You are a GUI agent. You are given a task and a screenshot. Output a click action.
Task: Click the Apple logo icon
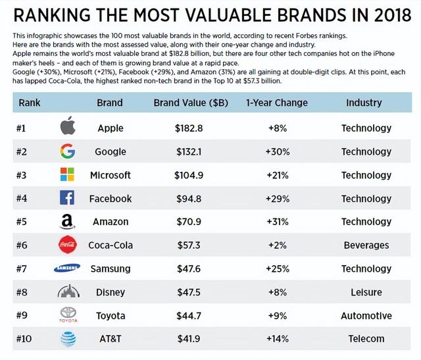point(68,127)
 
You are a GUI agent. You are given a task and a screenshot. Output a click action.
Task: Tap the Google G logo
point(68,151)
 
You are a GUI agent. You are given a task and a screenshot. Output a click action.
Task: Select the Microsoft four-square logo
point(68,175)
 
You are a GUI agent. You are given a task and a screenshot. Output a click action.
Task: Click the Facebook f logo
point(68,198)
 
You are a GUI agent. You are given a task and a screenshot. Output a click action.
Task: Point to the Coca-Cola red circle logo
point(68,245)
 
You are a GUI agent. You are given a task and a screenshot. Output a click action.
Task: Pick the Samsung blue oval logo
point(68,268)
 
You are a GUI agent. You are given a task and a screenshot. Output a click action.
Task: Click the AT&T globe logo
point(68,338)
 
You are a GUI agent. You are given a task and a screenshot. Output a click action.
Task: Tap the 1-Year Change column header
point(276,103)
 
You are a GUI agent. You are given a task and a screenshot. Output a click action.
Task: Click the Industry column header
point(364,103)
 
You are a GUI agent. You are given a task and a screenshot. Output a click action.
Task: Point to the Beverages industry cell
point(366,245)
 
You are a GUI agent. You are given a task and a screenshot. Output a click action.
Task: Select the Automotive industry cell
point(366,315)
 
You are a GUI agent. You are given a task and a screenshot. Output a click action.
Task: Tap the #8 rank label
point(25,292)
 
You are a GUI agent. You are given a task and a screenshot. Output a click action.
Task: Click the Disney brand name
point(110,292)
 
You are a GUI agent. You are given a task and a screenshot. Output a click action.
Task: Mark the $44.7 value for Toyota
point(188,315)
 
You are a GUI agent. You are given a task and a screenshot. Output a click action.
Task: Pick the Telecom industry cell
point(366,338)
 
